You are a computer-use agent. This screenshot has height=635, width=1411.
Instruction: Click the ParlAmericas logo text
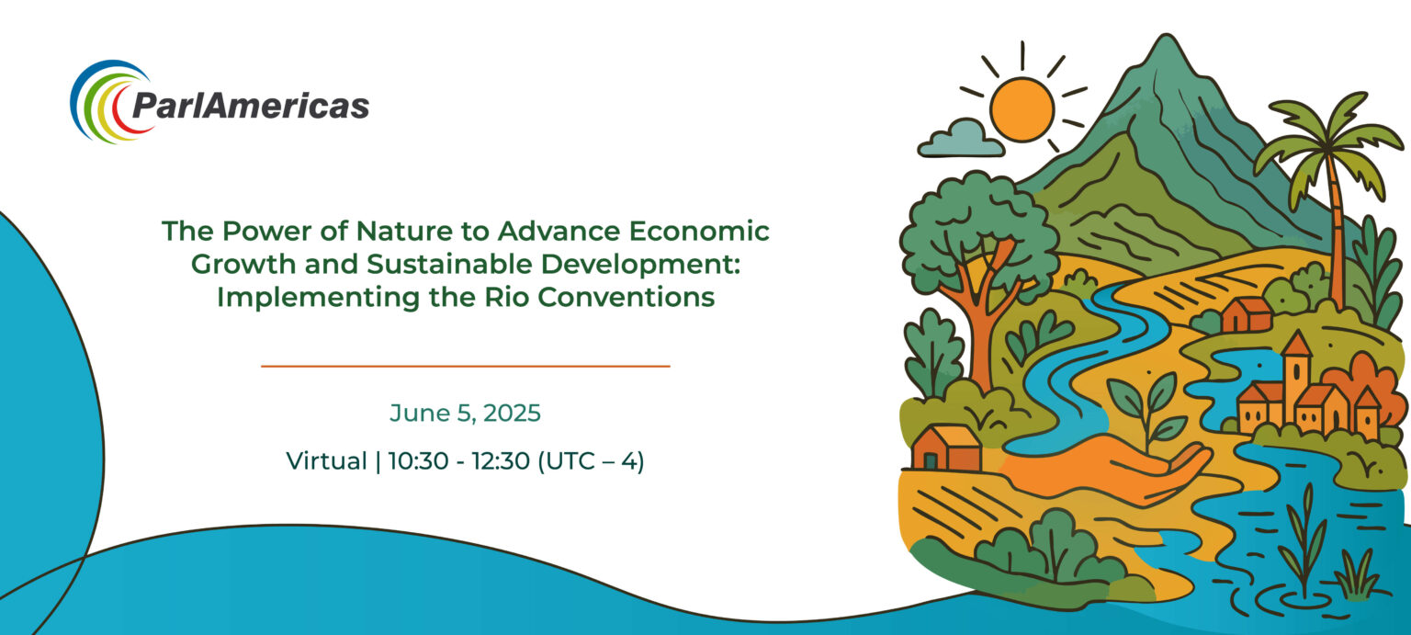(251, 105)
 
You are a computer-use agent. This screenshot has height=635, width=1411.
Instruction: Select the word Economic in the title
(699, 232)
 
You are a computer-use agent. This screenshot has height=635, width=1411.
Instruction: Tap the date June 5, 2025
(465, 414)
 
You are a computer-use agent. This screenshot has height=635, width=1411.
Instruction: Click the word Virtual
(326, 460)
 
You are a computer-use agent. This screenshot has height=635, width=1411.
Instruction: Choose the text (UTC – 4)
(591, 461)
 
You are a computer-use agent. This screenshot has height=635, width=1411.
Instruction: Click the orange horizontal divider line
(466, 366)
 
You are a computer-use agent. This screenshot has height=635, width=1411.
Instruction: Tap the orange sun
(1022, 109)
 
